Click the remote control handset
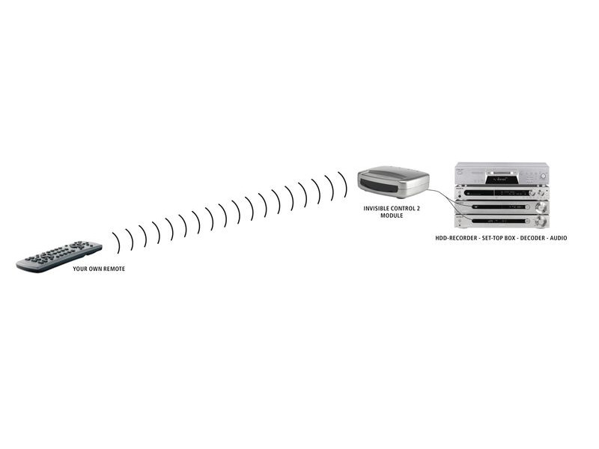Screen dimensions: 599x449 click(x=59, y=257)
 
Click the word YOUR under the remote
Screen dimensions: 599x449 click(x=79, y=269)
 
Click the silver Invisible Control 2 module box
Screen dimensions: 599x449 click(x=393, y=182)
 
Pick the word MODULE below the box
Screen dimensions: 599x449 click(x=392, y=216)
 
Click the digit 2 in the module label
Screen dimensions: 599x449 click(x=418, y=209)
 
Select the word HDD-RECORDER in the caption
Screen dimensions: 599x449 click(x=456, y=238)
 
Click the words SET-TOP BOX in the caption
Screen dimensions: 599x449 click(x=499, y=238)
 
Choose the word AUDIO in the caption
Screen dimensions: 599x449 click(x=559, y=238)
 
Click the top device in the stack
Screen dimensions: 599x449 click(x=502, y=174)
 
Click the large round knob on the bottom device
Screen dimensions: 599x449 click(x=540, y=222)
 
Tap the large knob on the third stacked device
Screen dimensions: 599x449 click(x=541, y=207)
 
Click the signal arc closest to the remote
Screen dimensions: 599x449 click(x=116, y=242)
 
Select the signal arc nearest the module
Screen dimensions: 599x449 click(x=343, y=184)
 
